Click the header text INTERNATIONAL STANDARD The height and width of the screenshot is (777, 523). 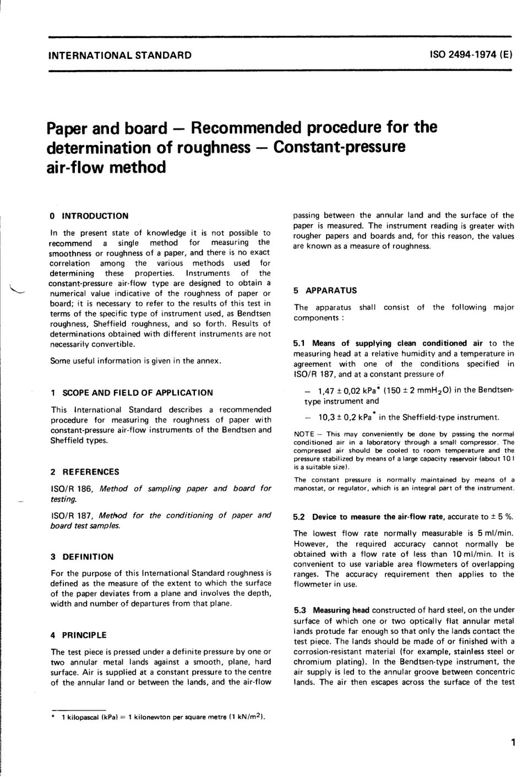120,55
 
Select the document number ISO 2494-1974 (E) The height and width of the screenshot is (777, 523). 472,55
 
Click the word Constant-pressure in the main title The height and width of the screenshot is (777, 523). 339,148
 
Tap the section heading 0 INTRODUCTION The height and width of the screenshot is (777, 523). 89,216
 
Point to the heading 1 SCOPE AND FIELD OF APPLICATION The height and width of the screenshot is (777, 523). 131,393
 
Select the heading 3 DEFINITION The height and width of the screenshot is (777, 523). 81,557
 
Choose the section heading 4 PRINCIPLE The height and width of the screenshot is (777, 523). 78,635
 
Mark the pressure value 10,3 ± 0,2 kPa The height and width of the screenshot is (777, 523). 341,417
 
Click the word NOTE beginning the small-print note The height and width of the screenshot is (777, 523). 304,434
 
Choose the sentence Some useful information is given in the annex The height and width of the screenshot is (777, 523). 135,361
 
